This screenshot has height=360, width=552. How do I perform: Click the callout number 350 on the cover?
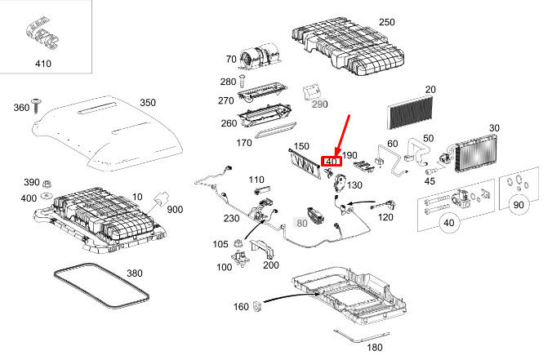(x=147, y=103)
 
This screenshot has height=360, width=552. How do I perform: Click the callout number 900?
(x=176, y=211)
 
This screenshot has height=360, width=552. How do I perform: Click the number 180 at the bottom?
(x=375, y=347)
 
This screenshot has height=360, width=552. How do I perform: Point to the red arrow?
(x=341, y=135)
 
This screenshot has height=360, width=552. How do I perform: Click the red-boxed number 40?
(x=331, y=162)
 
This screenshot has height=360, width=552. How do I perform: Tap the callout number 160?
(x=240, y=307)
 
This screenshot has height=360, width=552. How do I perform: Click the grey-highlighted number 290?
(x=318, y=104)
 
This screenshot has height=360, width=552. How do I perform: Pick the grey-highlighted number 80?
(x=301, y=222)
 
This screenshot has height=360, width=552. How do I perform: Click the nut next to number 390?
(x=47, y=182)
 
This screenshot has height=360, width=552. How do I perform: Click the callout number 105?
(x=220, y=243)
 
